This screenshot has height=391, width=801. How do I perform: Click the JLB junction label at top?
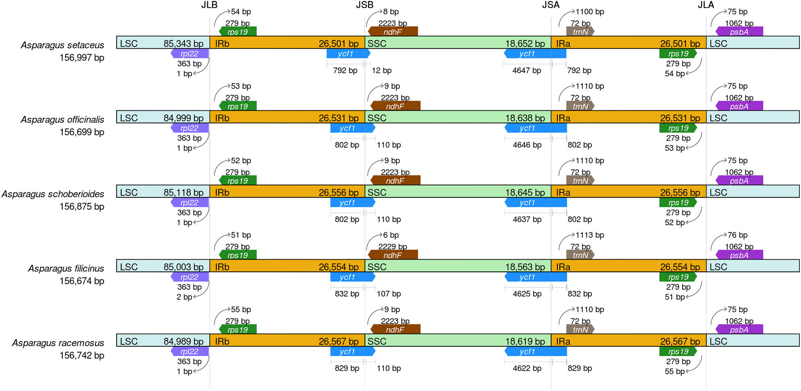[209, 5]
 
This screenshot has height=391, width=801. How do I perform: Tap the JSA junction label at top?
[551, 5]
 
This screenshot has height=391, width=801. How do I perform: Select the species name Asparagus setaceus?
[62, 45]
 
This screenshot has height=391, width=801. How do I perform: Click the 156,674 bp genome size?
[82, 281]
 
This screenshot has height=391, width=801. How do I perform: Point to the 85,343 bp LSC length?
[183, 43]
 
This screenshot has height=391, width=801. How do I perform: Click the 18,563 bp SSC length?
[525, 267]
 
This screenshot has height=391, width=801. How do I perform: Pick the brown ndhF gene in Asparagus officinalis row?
[395, 106]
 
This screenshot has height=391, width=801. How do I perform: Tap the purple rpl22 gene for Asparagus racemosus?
[190, 351]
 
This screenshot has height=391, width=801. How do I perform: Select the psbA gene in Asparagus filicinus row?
[739, 255]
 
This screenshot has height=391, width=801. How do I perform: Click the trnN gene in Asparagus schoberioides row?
[580, 181]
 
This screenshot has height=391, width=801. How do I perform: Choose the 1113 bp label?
[590, 235]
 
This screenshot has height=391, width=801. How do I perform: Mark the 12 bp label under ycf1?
[382, 70]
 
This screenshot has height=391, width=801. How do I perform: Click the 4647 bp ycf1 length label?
[527, 70]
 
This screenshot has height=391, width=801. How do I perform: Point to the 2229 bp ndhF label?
[392, 246]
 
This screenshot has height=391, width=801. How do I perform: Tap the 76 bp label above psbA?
[738, 235]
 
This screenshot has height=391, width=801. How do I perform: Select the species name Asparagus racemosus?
[58, 343]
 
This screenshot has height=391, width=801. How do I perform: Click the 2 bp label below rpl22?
[184, 297]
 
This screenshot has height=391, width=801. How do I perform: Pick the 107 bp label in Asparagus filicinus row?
[389, 294]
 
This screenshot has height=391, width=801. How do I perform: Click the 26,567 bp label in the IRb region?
[339, 341]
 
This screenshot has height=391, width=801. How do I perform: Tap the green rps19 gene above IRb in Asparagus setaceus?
[238, 32]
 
